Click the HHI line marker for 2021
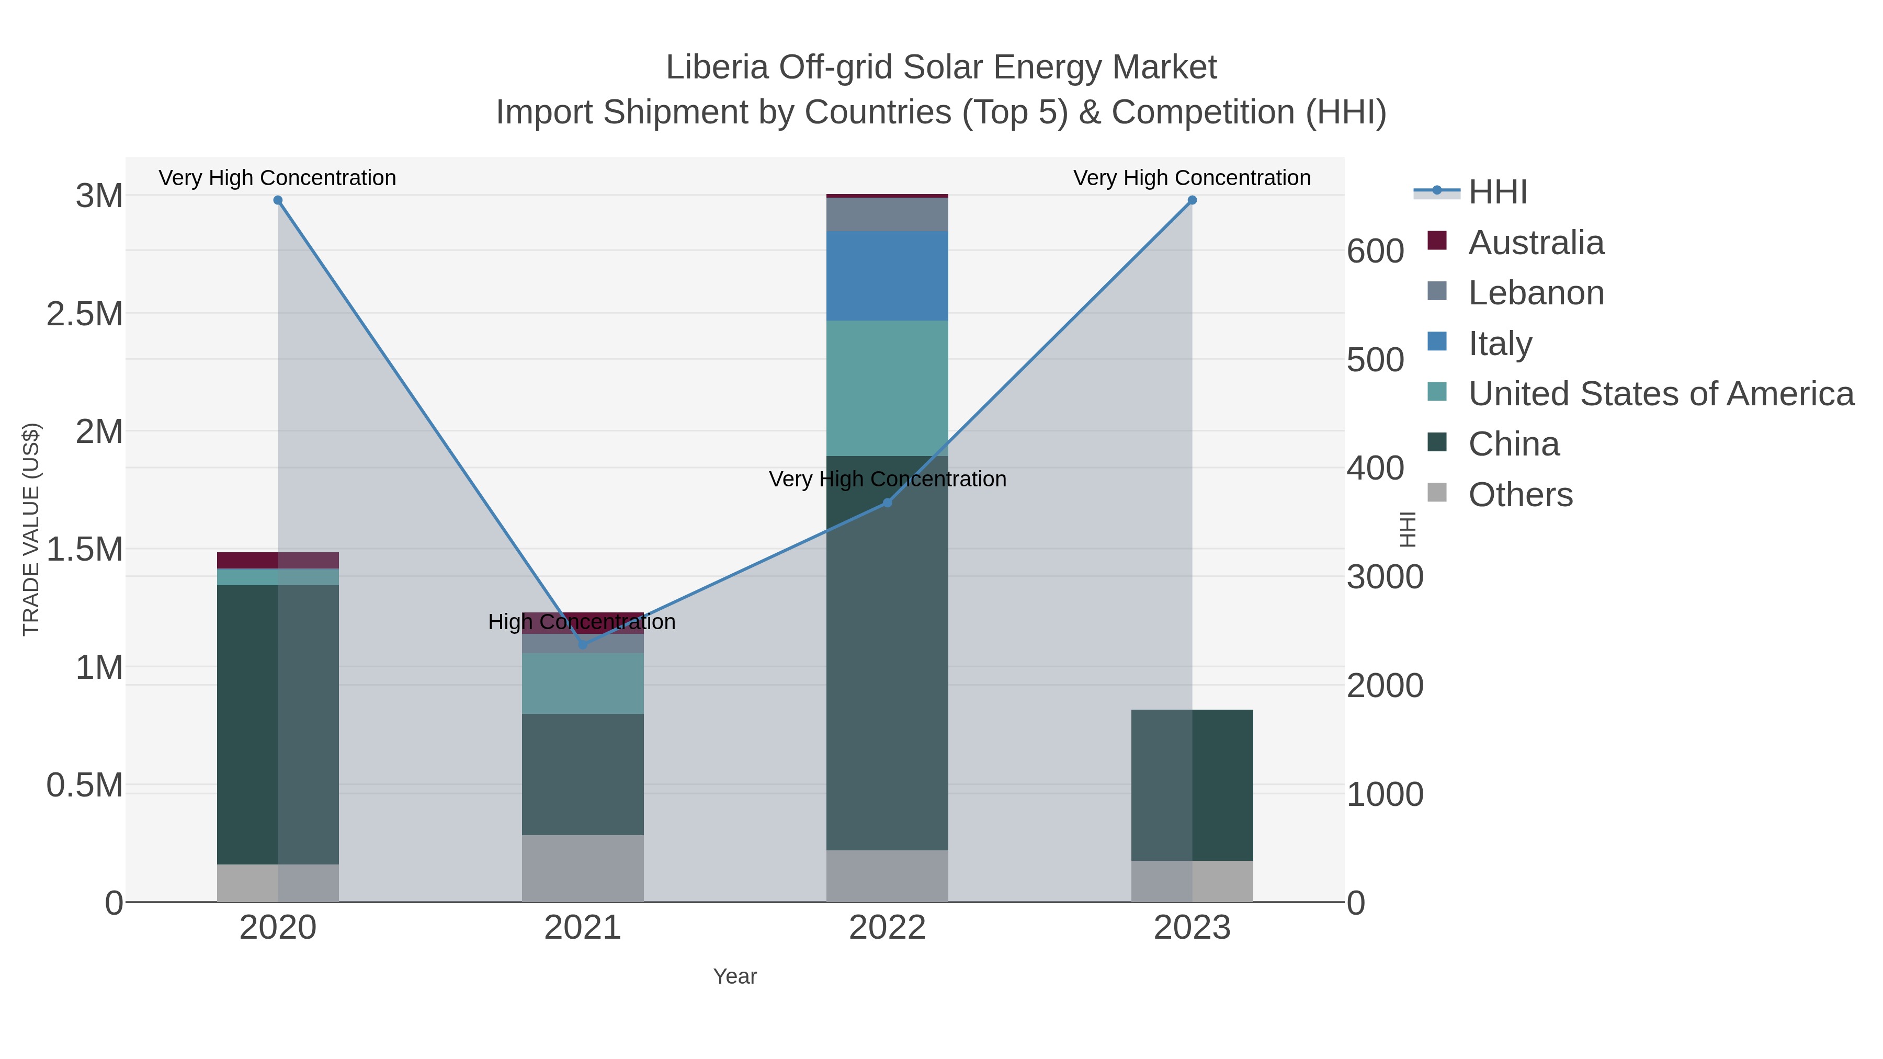pos(583,645)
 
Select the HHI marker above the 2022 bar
pos(888,503)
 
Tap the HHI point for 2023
pos(1192,200)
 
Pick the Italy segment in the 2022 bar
pos(888,276)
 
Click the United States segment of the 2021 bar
pos(583,684)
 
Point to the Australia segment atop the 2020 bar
pos(278,561)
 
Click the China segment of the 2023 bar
pos(1192,785)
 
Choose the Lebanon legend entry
pos(1536,293)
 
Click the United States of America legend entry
pos(1661,394)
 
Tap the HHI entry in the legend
pos(1497,192)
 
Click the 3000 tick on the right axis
pos(1385,577)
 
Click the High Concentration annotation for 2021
pos(582,622)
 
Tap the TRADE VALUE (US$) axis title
pos(31,529)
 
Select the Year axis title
pos(735,976)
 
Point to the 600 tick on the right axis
pos(1375,252)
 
